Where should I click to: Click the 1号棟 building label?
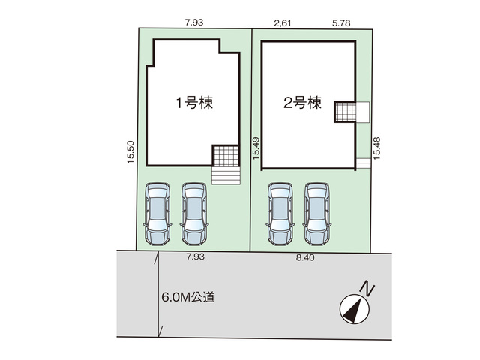point(194,103)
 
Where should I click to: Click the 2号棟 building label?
point(302,103)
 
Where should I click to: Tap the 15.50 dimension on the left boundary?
point(130,151)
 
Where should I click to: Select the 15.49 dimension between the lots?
point(256,148)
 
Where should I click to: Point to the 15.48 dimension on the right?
point(376,148)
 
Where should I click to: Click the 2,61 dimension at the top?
point(282,23)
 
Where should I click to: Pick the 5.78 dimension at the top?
point(341,23)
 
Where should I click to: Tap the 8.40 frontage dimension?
point(305,257)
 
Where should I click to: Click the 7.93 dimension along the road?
point(195,256)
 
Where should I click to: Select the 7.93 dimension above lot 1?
point(194,22)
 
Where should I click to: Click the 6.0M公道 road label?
point(188,297)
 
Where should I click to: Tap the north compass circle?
point(355,309)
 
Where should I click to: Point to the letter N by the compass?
point(367,289)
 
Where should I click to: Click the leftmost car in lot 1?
point(157,214)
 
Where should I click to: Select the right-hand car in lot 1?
point(194,214)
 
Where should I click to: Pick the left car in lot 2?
point(280,214)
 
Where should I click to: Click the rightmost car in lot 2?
point(317,214)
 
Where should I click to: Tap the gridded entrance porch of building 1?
point(226,156)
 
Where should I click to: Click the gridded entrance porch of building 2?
point(346,112)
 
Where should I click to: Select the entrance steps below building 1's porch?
point(226,176)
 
